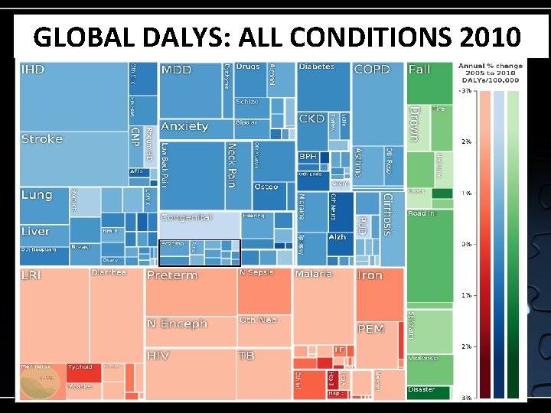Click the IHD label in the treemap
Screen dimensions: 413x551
click(33, 70)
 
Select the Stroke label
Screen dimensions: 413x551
click(42, 139)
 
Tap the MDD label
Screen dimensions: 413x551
click(177, 70)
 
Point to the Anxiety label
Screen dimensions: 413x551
click(184, 126)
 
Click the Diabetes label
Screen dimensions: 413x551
click(316, 67)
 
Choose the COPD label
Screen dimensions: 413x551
click(372, 70)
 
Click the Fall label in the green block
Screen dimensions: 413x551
click(419, 70)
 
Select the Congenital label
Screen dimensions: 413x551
click(186, 218)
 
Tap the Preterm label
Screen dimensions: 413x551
click(172, 275)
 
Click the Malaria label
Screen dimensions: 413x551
click(314, 274)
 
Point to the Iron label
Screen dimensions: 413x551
click(370, 275)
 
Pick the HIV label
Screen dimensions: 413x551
click(158, 356)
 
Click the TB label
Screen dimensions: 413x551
click(246, 356)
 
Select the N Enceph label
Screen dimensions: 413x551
click(177, 324)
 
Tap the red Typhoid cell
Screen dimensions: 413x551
click(83, 372)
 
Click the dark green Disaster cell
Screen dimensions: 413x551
click(428, 392)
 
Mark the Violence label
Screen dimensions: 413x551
click(423, 358)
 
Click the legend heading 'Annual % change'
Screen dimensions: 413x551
click(491, 66)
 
